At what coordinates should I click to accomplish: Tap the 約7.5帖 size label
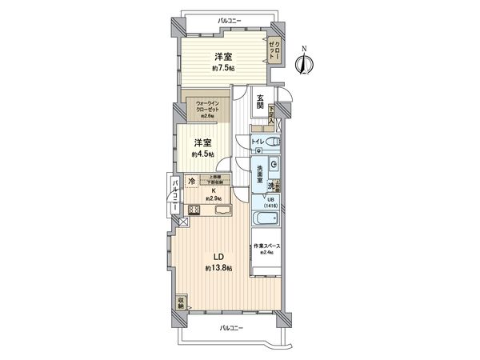(222, 69)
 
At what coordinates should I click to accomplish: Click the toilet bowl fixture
(273, 144)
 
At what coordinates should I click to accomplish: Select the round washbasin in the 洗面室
(274, 165)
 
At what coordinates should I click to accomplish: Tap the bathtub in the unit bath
(266, 219)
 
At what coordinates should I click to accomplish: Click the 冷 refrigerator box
(192, 182)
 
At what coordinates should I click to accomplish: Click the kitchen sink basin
(223, 210)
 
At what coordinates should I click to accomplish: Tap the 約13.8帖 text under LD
(218, 269)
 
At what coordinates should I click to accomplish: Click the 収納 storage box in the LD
(182, 304)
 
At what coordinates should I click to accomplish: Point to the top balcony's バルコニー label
(230, 18)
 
